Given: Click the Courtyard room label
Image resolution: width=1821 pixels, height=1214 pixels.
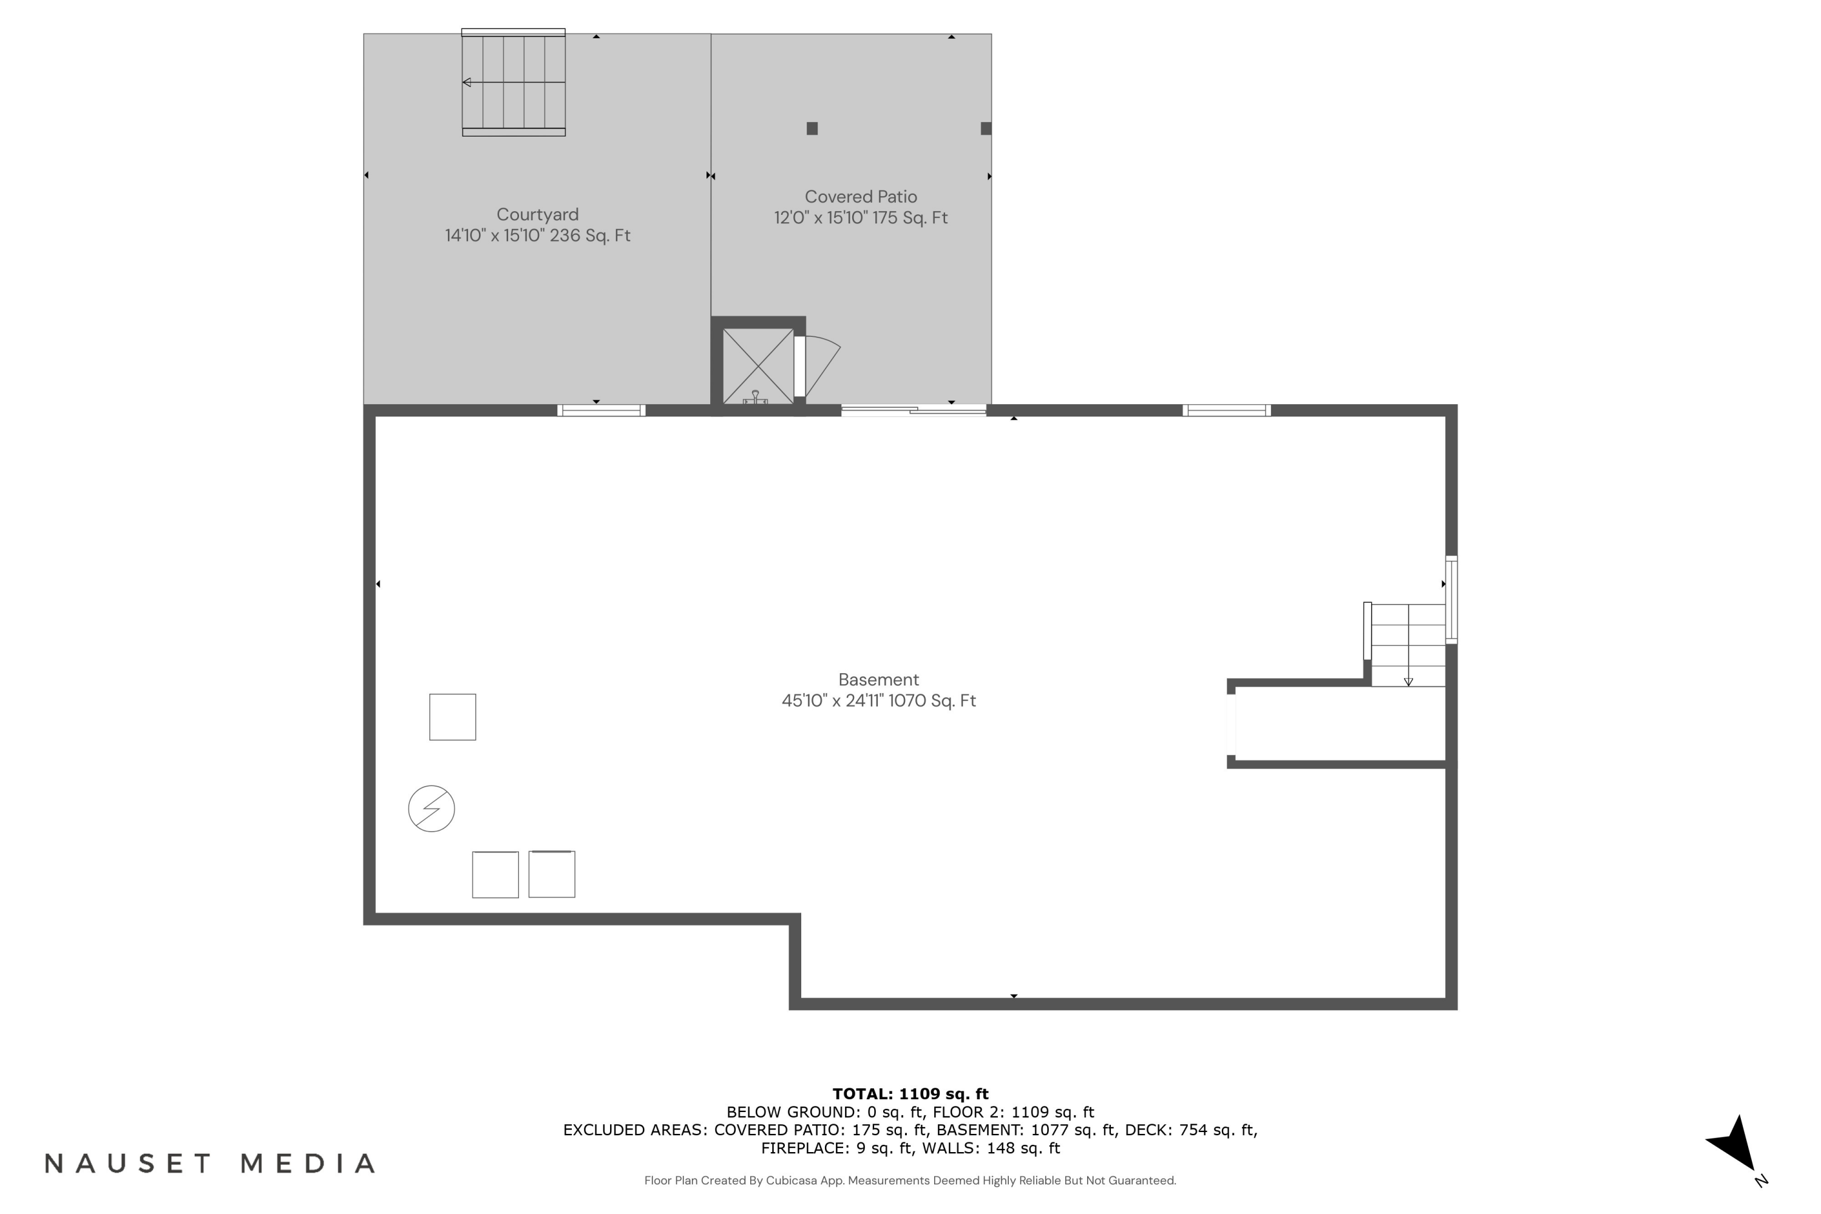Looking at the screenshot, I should (x=537, y=214).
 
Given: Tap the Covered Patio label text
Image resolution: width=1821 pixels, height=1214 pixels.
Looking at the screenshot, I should (x=860, y=197).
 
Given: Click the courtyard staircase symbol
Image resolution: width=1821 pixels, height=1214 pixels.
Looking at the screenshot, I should (x=514, y=82).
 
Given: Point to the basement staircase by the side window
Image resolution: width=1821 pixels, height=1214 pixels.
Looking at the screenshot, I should (x=1407, y=644).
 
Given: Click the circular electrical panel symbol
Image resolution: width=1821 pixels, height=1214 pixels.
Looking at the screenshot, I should (x=431, y=809).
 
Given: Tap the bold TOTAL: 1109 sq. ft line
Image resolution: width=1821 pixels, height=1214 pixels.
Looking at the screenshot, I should (x=910, y=1094).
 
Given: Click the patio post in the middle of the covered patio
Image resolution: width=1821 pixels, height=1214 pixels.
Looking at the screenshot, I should (x=812, y=129).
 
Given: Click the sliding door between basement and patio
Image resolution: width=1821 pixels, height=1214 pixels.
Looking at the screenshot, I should (x=914, y=410).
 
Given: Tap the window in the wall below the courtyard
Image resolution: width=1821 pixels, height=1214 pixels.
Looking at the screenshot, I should (x=601, y=410).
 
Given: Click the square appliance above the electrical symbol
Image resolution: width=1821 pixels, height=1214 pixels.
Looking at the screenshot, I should (x=452, y=717).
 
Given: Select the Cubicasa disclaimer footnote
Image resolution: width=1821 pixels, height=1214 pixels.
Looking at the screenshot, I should (x=910, y=1181).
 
